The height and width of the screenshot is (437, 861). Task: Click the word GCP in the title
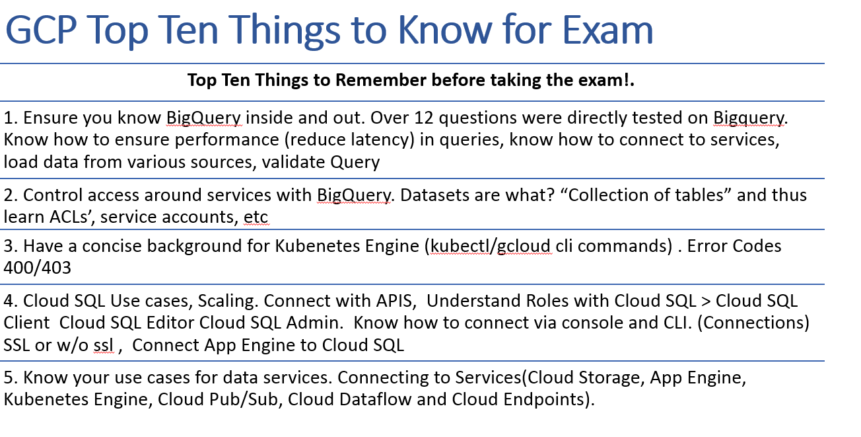(41, 30)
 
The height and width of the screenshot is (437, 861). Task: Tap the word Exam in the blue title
(607, 30)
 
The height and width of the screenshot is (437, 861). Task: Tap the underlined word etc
(256, 217)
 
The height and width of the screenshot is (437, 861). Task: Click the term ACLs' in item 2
(72, 217)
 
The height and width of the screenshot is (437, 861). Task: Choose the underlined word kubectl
(460, 246)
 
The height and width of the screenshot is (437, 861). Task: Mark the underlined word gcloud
(524, 247)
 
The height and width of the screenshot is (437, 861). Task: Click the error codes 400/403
(37, 268)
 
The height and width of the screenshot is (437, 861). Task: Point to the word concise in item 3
(112, 246)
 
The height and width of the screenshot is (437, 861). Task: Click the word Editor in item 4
(170, 323)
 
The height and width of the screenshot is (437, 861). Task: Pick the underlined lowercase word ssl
(104, 345)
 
